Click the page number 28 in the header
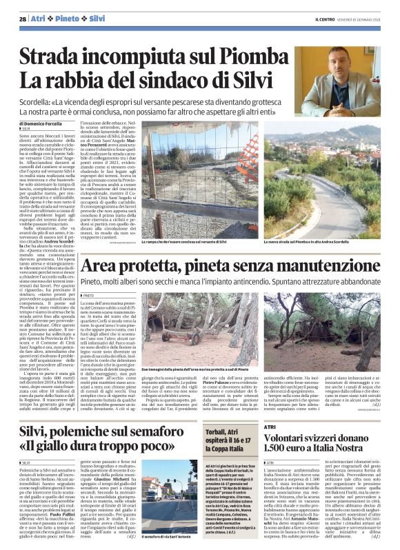click(23, 19)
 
